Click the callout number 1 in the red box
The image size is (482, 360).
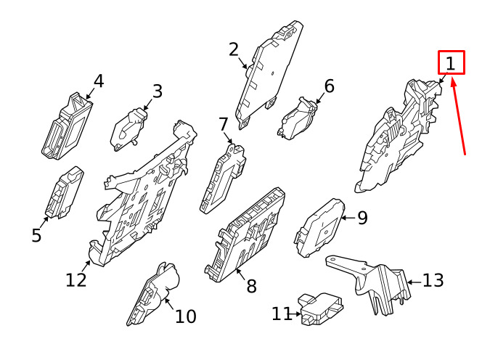(x=451, y=63)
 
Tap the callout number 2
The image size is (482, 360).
(x=233, y=49)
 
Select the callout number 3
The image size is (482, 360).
(x=157, y=91)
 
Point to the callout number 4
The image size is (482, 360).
(x=98, y=81)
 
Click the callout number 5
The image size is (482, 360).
(x=36, y=235)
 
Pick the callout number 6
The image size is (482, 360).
(x=329, y=86)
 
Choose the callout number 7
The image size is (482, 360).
(x=223, y=124)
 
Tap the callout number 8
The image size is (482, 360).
(x=251, y=286)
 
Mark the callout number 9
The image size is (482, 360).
(x=362, y=217)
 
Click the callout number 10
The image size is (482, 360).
(x=185, y=316)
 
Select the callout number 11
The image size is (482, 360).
(x=282, y=314)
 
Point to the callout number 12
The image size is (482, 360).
(x=75, y=279)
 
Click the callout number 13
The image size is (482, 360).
(x=433, y=280)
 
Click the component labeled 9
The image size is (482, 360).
(x=322, y=226)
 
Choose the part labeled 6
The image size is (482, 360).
(x=298, y=118)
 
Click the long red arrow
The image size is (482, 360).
(x=458, y=116)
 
